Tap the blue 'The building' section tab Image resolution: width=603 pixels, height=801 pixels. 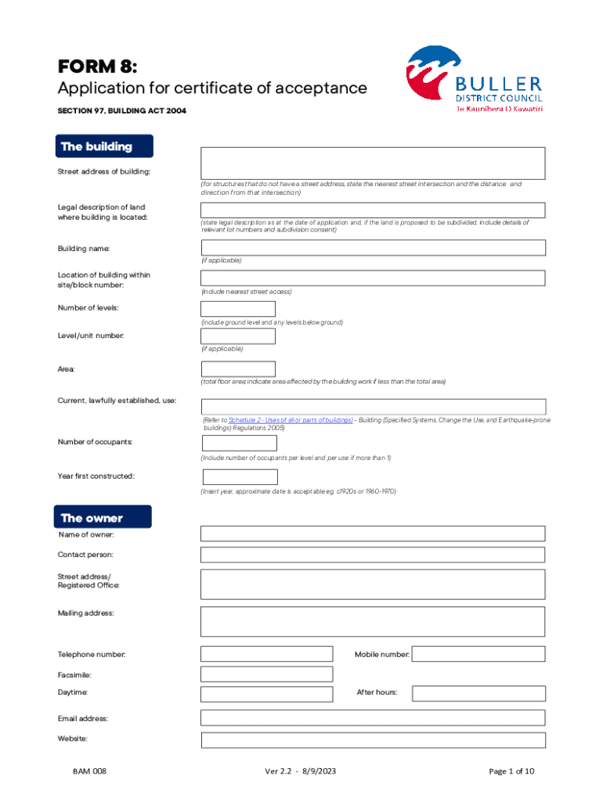pos(105,146)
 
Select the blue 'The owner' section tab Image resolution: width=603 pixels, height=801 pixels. pos(99,518)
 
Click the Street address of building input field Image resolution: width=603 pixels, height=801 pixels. pos(373,163)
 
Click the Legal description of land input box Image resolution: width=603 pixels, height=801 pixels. pos(373,210)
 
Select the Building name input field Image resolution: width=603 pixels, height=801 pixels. pos(373,247)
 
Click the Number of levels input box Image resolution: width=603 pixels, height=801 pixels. pos(238,309)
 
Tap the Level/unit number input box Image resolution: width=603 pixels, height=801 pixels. pos(238,336)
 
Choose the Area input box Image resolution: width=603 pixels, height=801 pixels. pos(238,368)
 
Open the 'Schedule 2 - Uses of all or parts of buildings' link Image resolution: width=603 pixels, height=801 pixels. pos(290,420)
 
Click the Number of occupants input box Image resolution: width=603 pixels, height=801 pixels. pos(240,444)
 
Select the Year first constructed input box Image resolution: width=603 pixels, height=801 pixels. pos(240,477)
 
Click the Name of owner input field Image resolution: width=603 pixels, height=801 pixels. pos(373,533)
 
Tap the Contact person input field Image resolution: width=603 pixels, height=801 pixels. pos(373,555)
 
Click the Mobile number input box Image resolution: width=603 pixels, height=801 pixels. pos(478,654)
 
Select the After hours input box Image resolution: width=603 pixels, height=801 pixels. pos(478,693)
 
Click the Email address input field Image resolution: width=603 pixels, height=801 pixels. pos(373,718)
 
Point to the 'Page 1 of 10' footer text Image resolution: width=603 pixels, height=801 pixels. pos(511,771)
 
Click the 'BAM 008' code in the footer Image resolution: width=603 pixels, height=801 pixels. pos(89,771)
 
